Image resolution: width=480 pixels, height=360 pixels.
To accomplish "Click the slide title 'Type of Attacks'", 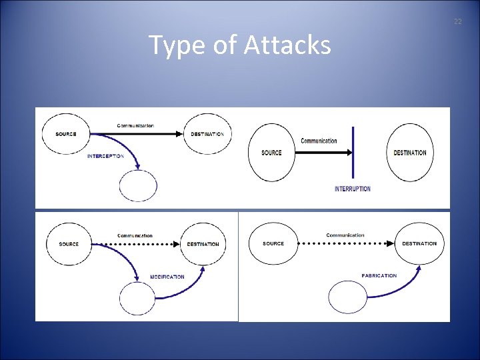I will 239,45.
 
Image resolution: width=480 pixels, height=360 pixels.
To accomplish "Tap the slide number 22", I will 457,22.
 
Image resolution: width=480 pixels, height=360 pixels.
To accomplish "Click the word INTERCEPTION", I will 105,156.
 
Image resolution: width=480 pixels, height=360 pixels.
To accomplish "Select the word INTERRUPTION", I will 353,189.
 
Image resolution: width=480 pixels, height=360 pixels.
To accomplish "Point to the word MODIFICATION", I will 167,277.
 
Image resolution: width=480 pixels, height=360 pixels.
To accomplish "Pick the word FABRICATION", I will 379,275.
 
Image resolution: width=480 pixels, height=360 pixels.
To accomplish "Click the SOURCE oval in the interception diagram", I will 67,134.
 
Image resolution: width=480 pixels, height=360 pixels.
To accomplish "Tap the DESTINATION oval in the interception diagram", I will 207,134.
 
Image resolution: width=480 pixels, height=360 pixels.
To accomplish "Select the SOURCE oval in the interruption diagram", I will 271,153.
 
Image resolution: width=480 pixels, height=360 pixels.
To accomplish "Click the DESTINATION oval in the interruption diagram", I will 409,153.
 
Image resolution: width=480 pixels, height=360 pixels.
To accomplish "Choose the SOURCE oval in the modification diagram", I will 69,244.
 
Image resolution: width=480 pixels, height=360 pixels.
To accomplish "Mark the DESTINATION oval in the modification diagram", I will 203,244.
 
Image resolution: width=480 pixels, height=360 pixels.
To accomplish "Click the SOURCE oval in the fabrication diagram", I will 273,243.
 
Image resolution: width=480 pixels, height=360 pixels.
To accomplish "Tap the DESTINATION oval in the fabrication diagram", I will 419,243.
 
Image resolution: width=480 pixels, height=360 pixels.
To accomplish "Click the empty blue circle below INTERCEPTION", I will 138,186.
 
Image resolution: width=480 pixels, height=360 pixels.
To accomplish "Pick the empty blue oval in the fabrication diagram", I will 348,297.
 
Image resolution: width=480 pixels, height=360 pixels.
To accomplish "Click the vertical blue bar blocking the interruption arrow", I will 353,153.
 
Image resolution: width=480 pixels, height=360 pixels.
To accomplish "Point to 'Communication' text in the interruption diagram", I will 319,141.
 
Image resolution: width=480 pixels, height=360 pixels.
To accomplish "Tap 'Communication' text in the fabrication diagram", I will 345,235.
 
